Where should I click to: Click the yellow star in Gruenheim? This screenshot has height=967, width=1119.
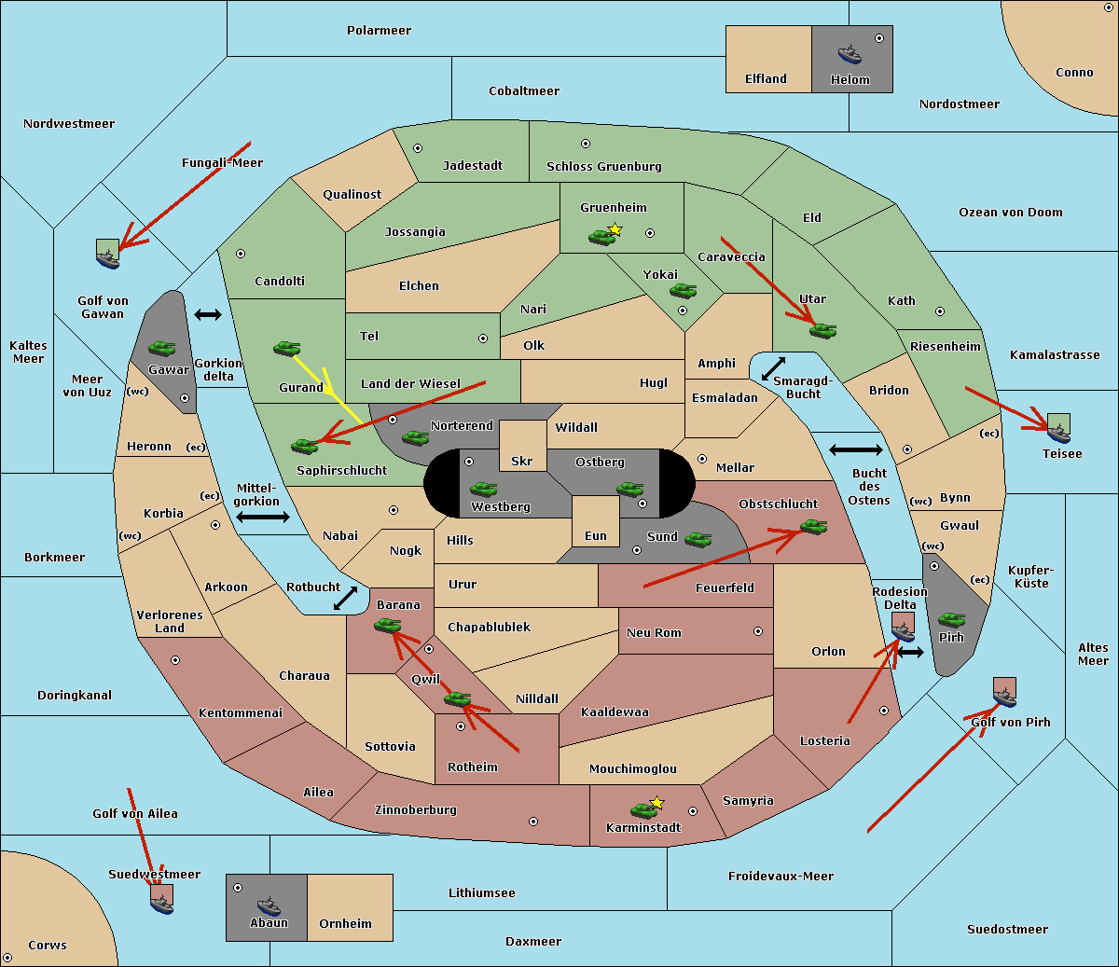tap(615, 228)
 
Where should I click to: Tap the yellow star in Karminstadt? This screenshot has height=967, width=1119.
tap(657, 802)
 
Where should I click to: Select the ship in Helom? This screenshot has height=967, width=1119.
tap(849, 53)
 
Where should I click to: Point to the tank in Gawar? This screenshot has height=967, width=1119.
tap(162, 348)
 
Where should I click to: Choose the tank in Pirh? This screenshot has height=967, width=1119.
tap(951, 619)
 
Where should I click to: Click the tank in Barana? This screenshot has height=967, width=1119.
tap(388, 625)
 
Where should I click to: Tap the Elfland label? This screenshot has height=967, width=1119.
tap(766, 79)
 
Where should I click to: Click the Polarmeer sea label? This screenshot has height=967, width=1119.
tap(379, 31)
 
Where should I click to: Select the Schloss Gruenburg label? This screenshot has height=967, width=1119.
tap(603, 167)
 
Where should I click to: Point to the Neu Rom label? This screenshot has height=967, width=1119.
tap(654, 632)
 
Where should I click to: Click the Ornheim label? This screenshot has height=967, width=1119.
tap(345, 924)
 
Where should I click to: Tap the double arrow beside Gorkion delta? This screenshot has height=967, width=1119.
tap(208, 315)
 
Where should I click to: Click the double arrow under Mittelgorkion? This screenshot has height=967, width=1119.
tap(263, 518)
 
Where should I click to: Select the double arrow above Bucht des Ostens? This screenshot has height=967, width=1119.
tap(855, 450)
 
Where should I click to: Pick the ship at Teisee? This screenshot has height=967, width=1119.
tap(1059, 431)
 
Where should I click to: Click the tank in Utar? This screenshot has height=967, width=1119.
tap(822, 330)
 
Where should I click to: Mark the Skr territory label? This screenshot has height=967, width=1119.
tap(521, 462)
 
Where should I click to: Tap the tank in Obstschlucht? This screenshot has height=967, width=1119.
tap(813, 527)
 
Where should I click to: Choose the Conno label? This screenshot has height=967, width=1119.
tap(1074, 73)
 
